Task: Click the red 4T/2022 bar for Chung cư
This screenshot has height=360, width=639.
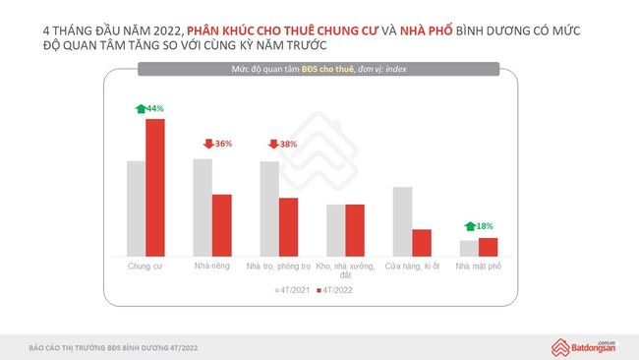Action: pyautogui.click(x=155, y=188)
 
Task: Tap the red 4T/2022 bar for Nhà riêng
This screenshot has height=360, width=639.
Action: pyautogui.click(x=222, y=225)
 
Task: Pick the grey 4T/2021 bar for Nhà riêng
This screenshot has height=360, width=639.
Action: pyautogui.click(x=203, y=208)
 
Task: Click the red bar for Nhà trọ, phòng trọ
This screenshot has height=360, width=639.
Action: pyautogui.click(x=288, y=227)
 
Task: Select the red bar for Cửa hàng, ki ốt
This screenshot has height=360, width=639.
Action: pyautogui.click(x=422, y=243)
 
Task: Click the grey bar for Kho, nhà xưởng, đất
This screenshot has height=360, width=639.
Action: pyautogui.click(x=336, y=230)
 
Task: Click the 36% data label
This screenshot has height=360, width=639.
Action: pyautogui.click(x=223, y=144)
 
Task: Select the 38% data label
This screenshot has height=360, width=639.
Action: pyautogui.click(x=288, y=144)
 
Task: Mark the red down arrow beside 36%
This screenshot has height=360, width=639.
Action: pyautogui.click(x=206, y=144)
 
